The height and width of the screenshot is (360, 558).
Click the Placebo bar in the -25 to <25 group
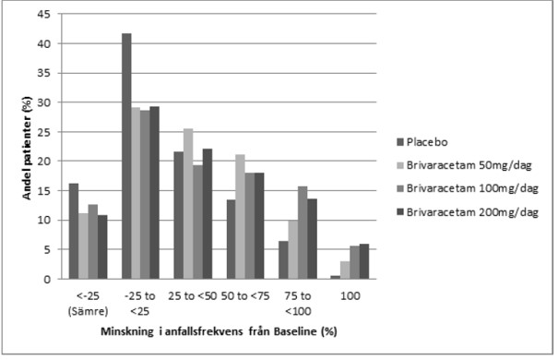(x=126, y=156)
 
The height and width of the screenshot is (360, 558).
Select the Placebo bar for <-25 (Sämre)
(x=74, y=231)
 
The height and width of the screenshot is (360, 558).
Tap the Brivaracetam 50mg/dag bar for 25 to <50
(x=188, y=204)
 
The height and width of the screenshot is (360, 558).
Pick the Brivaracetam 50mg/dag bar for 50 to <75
(x=240, y=217)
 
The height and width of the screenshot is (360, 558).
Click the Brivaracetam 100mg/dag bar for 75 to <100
(x=303, y=233)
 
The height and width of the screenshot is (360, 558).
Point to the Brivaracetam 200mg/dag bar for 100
(x=364, y=261)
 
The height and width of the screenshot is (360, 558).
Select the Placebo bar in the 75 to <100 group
(x=283, y=260)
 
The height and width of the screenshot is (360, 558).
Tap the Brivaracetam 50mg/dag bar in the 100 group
(x=345, y=270)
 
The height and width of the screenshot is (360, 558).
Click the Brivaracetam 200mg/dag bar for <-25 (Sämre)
(x=102, y=246)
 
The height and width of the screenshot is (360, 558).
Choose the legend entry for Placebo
(x=422, y=142)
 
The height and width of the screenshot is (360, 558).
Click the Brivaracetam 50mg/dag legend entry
(x=464, y=165)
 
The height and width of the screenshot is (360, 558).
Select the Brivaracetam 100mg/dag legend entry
(x=468, y=188)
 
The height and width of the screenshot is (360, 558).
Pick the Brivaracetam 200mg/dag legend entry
(x=468, y=212)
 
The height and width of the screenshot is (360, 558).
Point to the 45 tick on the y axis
(x=44, y=14)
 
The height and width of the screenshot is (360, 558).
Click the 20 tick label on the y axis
(x=44, y=162)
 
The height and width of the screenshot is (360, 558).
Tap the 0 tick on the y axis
(x=47, y=279)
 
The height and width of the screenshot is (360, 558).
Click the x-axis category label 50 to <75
(x=245, y=296)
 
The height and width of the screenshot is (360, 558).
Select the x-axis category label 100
(x=350, y=296)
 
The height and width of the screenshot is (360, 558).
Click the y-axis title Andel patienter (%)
(x=27, y=148)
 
